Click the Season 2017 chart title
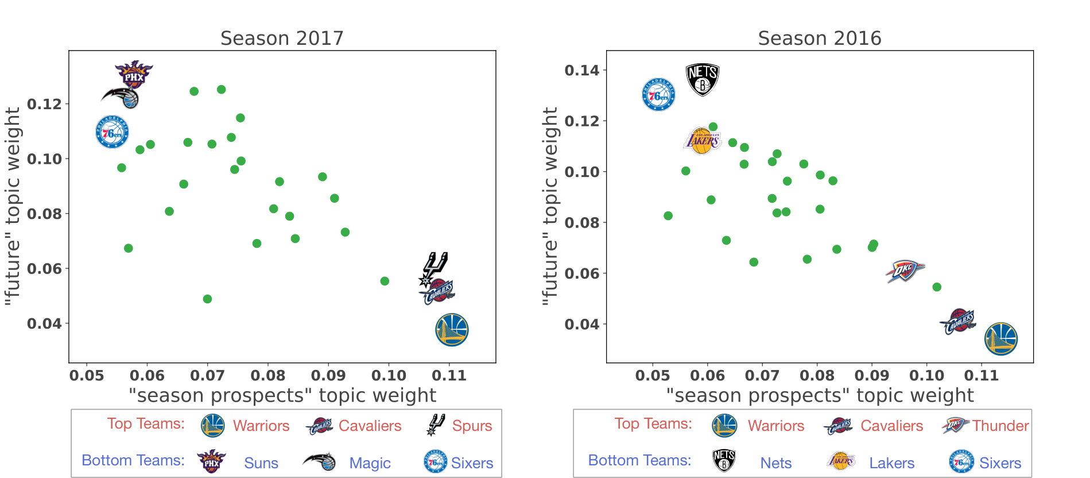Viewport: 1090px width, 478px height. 282,38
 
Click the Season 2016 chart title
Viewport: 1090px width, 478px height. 819,38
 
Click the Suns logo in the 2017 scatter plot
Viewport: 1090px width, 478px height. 134,75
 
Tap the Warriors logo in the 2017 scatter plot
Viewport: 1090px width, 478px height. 452,330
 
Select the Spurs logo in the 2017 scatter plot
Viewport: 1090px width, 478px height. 434,269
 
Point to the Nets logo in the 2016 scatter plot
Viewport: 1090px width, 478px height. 703,80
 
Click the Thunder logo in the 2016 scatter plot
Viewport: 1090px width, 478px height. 905,271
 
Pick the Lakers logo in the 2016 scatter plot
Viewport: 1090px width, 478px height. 702,141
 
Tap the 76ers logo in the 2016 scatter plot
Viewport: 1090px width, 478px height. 658,94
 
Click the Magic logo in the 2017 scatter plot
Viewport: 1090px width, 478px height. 121,97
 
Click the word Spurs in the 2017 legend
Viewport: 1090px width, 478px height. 472,426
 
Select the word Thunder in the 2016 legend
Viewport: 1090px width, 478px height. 1000,426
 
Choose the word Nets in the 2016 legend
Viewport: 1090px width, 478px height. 776,463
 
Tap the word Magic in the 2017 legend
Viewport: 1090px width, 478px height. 370,463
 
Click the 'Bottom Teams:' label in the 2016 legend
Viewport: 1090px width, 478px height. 639,460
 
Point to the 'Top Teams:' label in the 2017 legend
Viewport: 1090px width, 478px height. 146,423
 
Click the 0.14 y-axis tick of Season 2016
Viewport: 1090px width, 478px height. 582,70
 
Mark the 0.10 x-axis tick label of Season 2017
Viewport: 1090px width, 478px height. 389,376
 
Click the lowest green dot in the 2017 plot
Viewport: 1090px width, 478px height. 208,299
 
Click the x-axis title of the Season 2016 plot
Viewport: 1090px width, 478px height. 820,395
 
